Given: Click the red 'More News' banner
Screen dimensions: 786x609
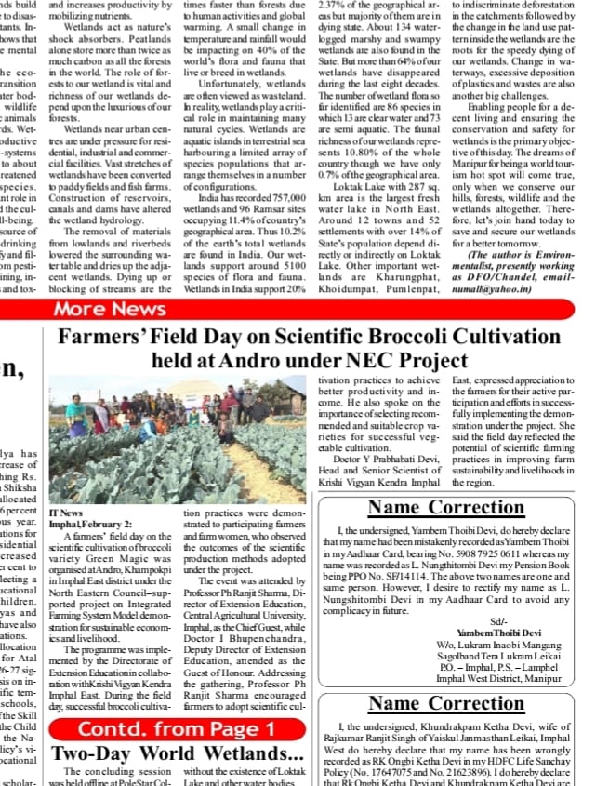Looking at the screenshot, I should (x=110, y=309).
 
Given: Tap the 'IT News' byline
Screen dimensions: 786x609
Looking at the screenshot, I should (x=66, y=513).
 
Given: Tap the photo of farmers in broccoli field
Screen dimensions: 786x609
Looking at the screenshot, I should (x=177, y=438).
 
